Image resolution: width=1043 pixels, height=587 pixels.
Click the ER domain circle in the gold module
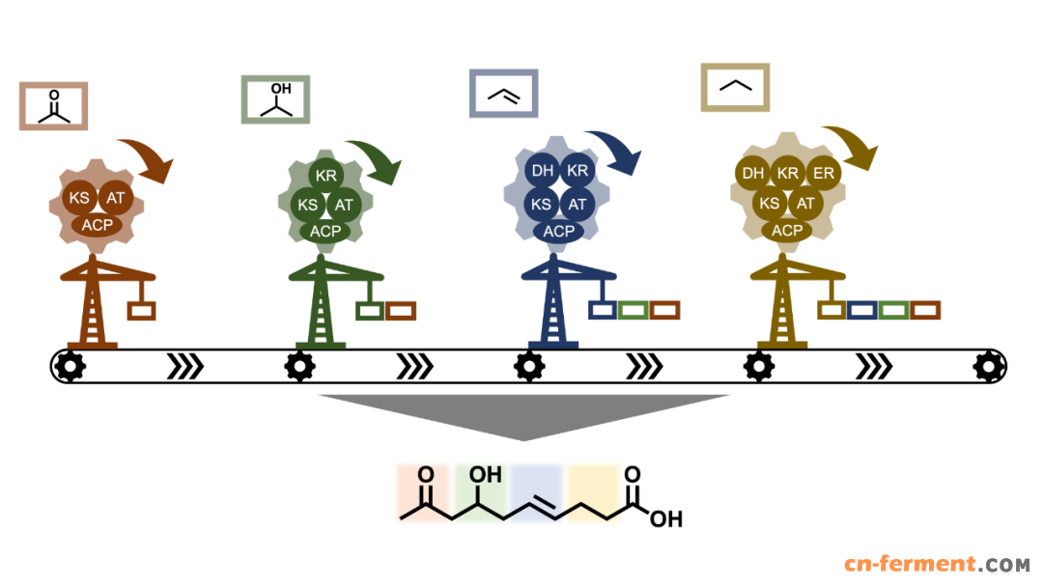824,174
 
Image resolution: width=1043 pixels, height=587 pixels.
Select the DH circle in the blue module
542,171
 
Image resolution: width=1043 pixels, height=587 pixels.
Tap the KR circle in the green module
326,176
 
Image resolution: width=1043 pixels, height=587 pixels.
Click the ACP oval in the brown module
98,225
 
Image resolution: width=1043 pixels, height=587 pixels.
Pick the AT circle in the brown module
115,198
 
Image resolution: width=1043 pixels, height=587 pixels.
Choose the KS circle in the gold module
770,203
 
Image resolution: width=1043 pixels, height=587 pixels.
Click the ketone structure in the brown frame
54,106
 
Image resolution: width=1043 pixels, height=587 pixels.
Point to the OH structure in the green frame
277,99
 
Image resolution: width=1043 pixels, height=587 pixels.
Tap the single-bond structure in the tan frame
736,86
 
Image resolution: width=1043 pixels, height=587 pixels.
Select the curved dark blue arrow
615,151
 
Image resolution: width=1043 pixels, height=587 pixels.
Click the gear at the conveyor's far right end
989,366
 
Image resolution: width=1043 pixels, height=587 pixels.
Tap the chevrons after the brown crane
184,366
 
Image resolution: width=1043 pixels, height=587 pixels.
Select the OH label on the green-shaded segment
485,475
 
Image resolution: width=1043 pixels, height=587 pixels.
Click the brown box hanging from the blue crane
664,310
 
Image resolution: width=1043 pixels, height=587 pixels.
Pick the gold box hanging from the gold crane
832,310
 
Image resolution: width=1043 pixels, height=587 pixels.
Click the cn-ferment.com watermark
937,565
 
